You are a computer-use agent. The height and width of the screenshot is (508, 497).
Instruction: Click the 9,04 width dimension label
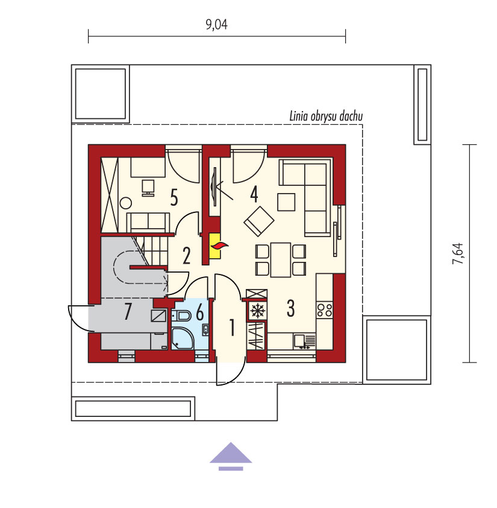click(216, 25)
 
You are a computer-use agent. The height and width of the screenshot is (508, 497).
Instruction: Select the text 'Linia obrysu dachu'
click(326, 116)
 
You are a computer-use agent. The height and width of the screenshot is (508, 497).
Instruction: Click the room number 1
click(232, 327)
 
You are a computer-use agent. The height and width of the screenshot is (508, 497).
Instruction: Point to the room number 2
click(186, 256)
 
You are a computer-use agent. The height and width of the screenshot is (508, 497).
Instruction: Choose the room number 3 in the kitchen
click(290, 308)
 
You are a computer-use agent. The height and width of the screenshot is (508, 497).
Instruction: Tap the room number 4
click(254, 195)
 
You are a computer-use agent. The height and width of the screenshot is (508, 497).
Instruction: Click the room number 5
click(174, 197)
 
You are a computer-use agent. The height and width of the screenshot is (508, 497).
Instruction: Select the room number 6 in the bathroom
click(200, 314)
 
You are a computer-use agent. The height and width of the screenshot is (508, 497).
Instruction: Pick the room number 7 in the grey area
click(128, 312)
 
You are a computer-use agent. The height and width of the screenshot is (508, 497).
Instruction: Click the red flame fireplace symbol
click(219, 246)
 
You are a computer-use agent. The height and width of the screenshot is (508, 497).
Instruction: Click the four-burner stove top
click(324, 310)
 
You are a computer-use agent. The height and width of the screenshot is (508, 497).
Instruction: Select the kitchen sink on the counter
click(304, 342)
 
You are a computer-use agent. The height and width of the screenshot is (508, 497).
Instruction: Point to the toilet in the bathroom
click(181, 315)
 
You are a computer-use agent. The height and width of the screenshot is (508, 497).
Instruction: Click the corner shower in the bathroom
click(183, 338)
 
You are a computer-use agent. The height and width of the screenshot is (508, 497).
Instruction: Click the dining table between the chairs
click(281, 260)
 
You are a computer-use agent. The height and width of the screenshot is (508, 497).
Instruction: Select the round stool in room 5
click(126, 203)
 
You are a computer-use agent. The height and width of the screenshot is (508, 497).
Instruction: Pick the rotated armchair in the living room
click(259, 221)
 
